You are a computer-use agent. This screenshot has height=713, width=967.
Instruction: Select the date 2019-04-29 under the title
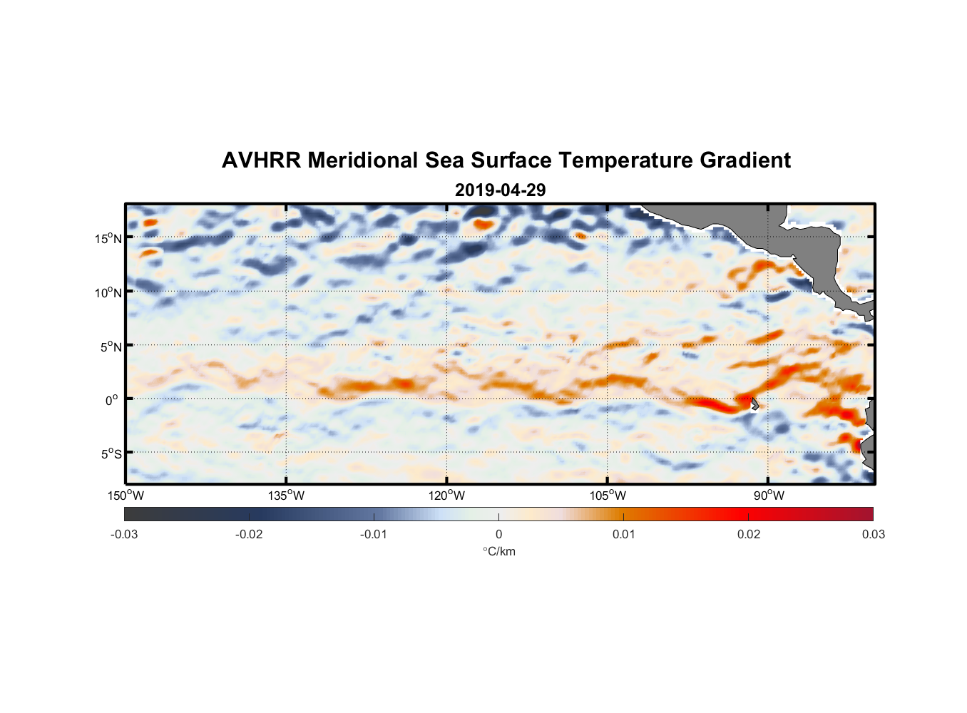click(500, 190)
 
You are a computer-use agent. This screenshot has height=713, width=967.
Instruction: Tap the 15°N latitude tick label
click(108, 238)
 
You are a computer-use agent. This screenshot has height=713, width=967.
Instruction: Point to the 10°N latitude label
click(108, 292)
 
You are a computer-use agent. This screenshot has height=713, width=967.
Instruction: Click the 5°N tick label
click(111, 347)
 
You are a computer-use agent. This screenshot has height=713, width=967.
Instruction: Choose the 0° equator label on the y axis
click(111, 400)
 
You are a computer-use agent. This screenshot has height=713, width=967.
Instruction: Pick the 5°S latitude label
click(111, 453)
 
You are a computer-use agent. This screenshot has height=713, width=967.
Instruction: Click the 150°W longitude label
click(126, 496)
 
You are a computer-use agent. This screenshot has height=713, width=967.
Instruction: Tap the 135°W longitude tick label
click(286, 496)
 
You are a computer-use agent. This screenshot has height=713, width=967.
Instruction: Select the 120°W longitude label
click(446, 496)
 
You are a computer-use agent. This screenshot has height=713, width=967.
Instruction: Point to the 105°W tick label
click(608, 496)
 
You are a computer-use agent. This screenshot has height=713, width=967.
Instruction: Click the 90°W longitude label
click(769, 496)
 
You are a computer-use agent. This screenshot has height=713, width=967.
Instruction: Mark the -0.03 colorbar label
click(124, 534)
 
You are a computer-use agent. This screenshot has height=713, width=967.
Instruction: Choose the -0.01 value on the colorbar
click(374, 534)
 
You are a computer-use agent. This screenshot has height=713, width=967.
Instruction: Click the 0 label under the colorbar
click(498, 534)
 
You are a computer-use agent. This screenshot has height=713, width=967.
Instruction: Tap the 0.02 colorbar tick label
click(749, 534)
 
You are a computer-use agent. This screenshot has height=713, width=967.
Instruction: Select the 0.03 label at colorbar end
click(873, 534)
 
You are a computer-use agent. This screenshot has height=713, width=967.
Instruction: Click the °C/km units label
click(498, 551)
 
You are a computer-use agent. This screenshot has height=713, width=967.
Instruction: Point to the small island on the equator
click(754, 404)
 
